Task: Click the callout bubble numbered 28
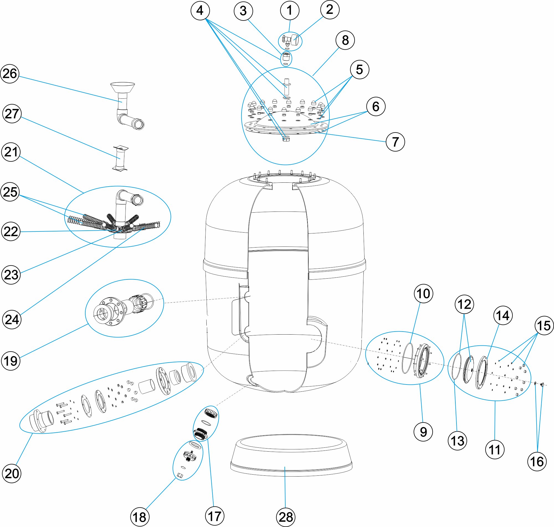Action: click(286, 517)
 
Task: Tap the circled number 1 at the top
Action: click(290, 11)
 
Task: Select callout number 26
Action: click(10, 73)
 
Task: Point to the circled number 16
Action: click(537, 462)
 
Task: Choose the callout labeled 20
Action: click(12, 473)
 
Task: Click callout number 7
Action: click(395, 142)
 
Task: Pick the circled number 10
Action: click(423, 294)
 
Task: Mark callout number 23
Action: click(11, 275)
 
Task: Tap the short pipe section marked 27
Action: click(120, 158)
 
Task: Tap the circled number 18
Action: click(140, 517)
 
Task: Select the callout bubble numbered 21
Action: click(11, 152)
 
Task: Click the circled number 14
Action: click(503, 315)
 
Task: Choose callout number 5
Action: click(359, 70)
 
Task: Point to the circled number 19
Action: click(11, 361)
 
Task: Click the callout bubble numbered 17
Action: click(215, 516)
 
